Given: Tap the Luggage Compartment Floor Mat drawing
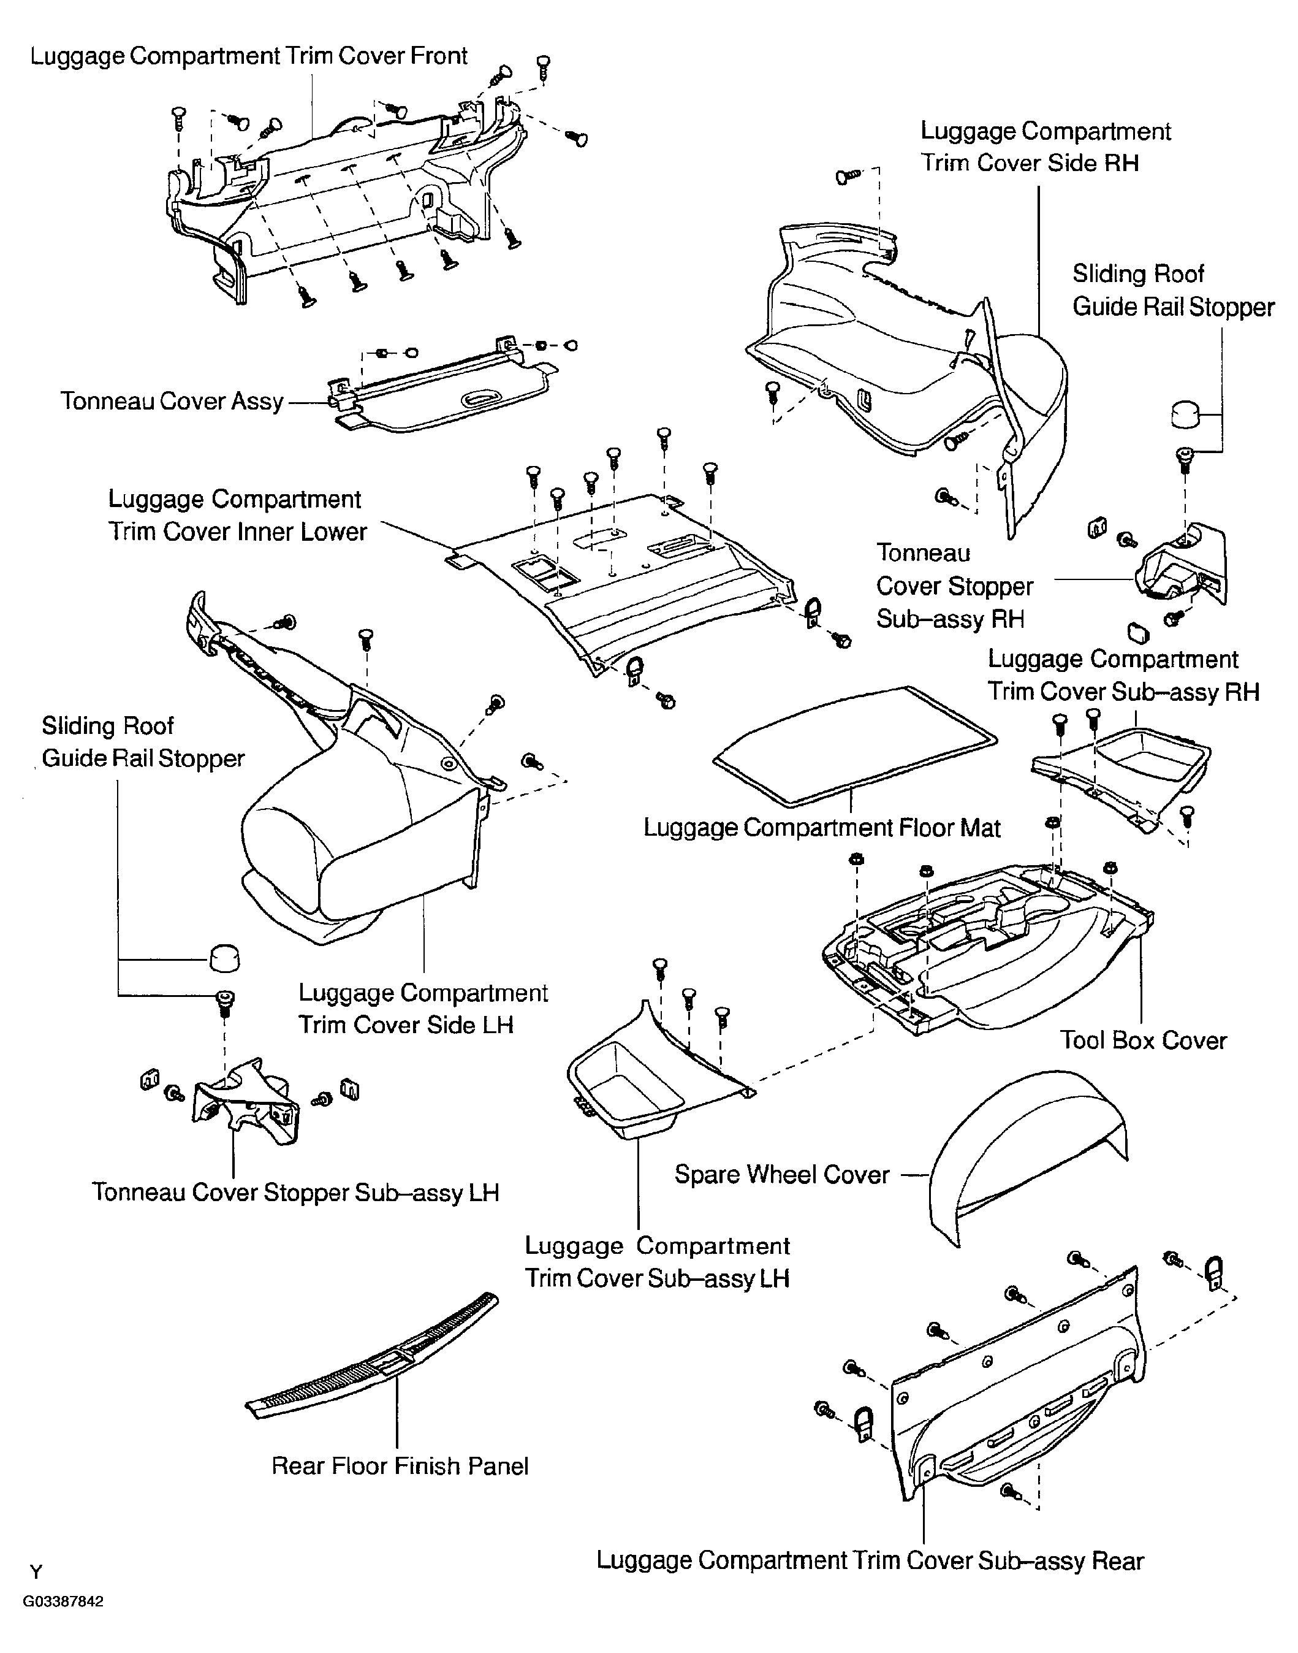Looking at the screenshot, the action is click(854, 747).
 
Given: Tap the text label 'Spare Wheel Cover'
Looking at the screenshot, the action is click(782, 1175).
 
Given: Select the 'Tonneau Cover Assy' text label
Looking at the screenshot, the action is click(172, 402).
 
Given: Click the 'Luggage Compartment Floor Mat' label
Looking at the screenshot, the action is click(822, 828).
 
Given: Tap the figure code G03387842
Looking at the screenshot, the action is click(63, 1602).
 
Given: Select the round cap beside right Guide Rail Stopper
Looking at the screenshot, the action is click(1185, 415).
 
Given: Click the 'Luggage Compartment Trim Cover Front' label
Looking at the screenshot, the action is click(248, 56).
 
